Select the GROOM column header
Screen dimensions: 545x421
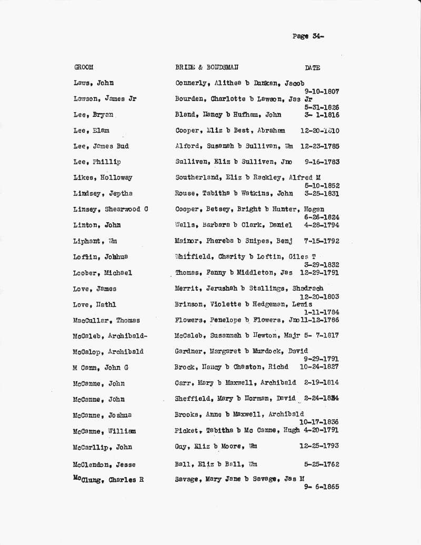84,67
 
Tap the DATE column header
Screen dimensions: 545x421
312,67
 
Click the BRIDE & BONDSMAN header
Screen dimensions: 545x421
206,67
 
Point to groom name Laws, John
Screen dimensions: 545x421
94,83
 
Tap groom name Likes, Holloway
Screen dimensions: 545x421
103,177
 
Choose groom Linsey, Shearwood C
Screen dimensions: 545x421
111,209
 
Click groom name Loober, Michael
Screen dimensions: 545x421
103,273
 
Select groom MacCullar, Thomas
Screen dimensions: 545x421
106,320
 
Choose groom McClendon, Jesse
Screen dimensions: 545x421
104,464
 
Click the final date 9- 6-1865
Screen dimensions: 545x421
322,487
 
